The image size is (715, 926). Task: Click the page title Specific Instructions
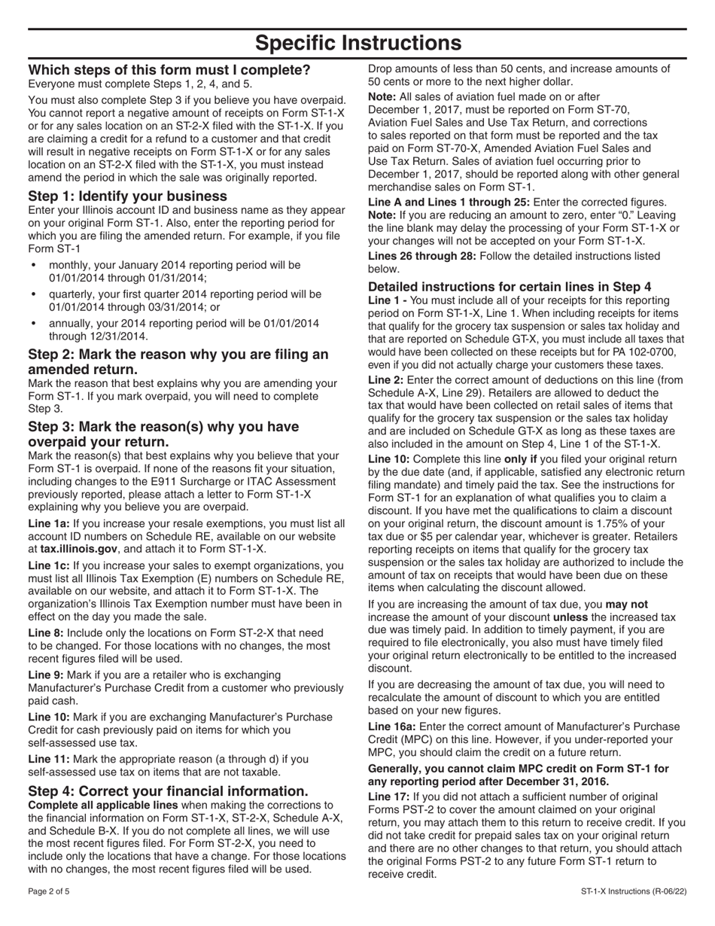point(357,43)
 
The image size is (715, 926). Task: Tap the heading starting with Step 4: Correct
point(168,790)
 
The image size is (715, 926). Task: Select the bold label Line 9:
point(46,675)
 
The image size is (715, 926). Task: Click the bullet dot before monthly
point(33,266)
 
